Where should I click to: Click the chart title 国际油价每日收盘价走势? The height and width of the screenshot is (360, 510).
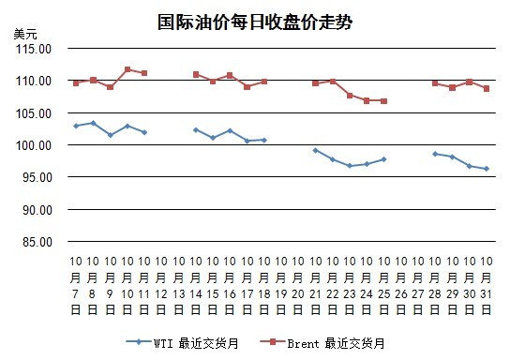tap(255, 22)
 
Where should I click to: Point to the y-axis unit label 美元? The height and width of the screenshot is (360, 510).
tap(25, 34)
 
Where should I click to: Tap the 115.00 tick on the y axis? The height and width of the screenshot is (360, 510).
tap(34, 49)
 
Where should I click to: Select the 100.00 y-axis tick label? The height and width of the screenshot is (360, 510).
tap(34, 145)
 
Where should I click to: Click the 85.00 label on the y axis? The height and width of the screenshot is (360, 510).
tap(37, 242)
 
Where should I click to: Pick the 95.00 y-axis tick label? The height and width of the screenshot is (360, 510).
tap(37, 177)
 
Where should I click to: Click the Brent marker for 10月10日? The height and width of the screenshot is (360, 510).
tap(127, 69)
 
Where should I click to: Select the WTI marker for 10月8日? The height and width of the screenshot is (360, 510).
tap(94, 123)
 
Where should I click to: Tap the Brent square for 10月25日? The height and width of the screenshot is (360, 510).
tap(383, 101)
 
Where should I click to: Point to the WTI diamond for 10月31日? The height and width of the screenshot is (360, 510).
tap(487, 169)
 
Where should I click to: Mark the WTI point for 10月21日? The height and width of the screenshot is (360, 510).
tap(316, 151)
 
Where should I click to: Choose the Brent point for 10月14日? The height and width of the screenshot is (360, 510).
tap(196, 74)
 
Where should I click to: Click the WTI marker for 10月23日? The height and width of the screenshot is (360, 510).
tap(350, 166)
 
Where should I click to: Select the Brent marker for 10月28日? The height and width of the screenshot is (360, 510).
tap(435, 83)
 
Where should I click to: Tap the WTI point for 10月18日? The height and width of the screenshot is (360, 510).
tap(264, 141)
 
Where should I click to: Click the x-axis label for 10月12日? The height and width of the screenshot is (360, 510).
tap(161, 286)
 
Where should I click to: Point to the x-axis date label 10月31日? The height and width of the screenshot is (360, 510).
tap(487, 286)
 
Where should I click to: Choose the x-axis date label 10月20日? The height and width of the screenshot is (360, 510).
tap(298, 286)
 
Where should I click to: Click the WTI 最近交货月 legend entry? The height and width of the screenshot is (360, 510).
tap(183, 343)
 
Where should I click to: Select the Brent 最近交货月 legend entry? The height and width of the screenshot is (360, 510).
tap(322, 343)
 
